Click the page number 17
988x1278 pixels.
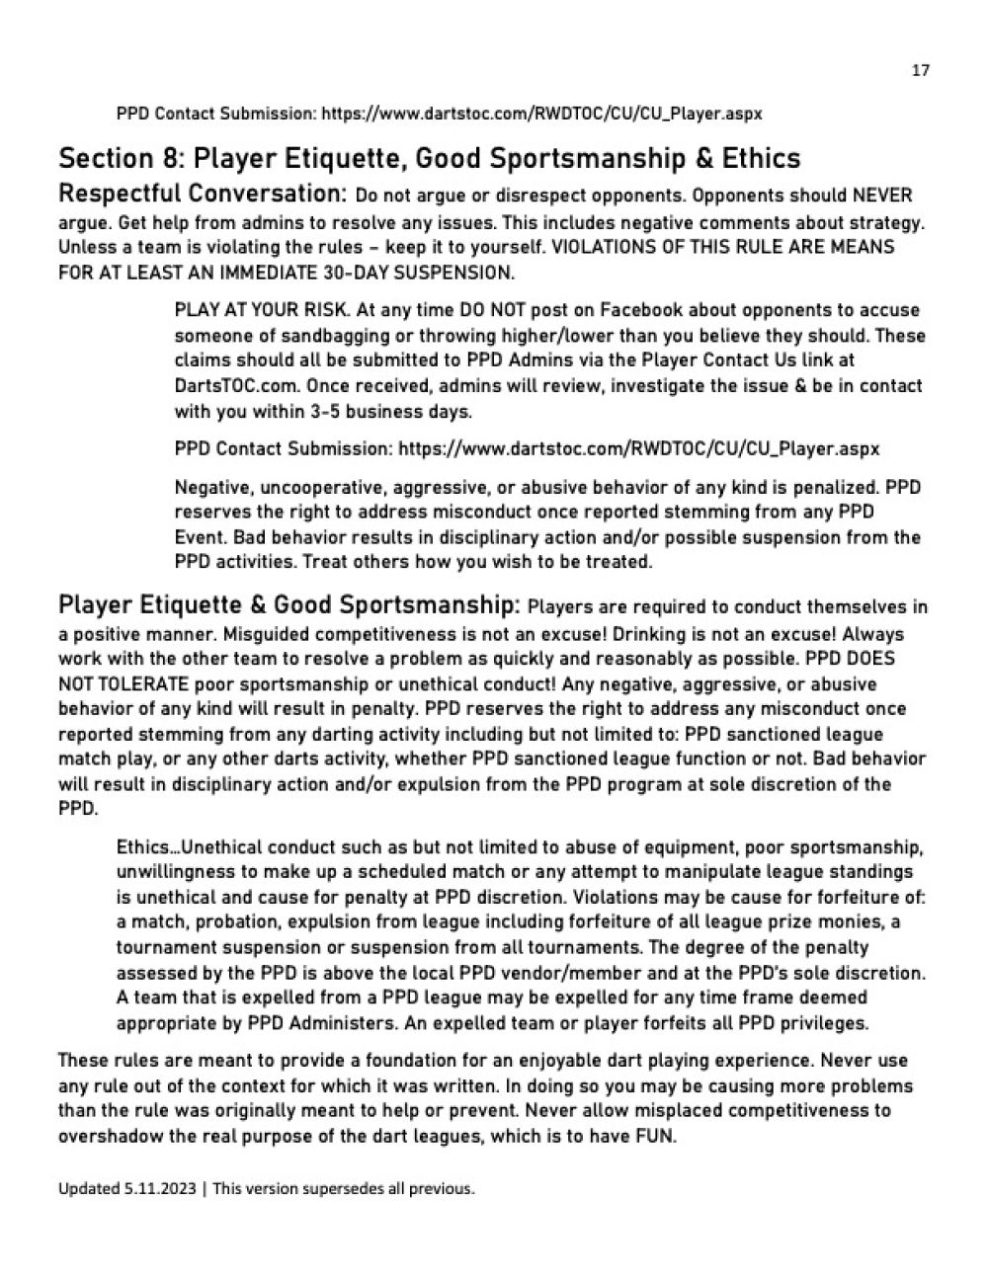tap(920, 71)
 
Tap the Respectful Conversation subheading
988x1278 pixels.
tap(202, 194)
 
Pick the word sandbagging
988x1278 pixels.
tap(315, 336)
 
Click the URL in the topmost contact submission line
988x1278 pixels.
tap(541, 114)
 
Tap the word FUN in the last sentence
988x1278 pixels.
tap(654, 1136)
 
